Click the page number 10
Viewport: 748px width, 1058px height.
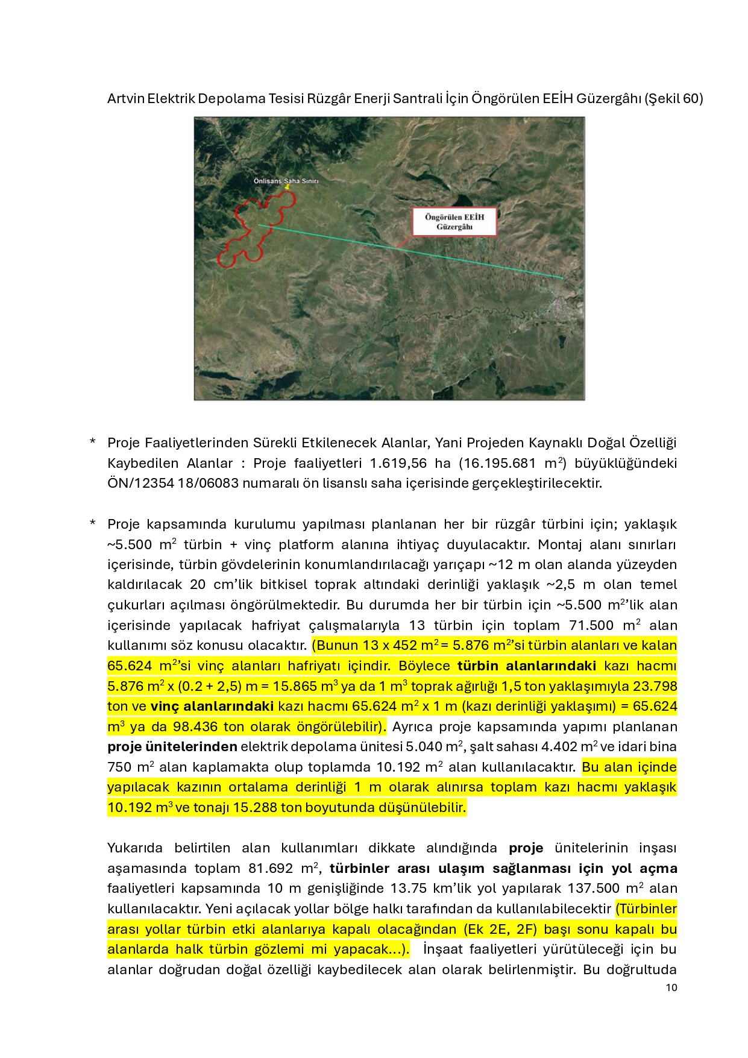671,987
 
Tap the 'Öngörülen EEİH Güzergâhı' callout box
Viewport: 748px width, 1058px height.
454,222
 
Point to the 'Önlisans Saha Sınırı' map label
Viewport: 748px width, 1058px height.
286,181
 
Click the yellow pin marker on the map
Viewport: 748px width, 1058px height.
288,187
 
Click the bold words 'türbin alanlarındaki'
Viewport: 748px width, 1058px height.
526,666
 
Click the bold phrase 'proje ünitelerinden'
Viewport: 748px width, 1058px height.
172,746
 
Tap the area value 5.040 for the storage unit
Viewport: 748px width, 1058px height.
424,746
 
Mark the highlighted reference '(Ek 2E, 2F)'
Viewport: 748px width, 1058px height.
500,929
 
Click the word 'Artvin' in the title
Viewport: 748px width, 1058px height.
126,98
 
